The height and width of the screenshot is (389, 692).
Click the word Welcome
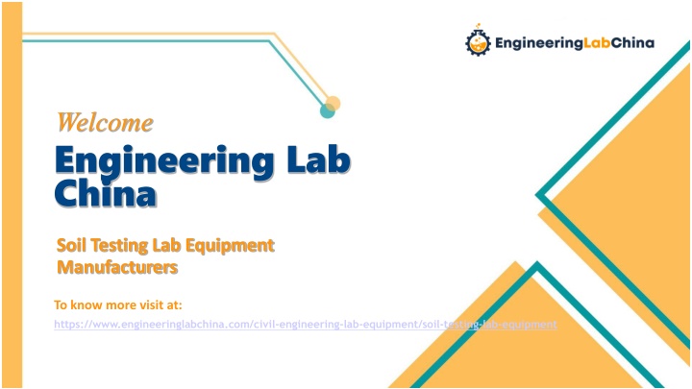(x=105, y=122)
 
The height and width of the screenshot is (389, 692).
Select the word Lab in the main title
(x=319, y=158)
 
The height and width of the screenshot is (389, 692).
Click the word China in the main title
(x=106, y=193)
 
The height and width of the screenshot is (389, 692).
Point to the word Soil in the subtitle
(x=71, y=245)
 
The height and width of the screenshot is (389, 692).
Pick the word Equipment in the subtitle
(x=230, y=246)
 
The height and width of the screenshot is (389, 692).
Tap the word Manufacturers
(x=117, y=267)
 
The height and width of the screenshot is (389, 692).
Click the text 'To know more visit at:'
(x=118, y=304)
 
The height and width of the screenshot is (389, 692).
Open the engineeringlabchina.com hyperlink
(x=306, y=325)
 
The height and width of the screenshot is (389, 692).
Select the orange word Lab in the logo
(x=597, y=43)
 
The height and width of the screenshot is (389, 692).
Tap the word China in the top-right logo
(x=632, y=43)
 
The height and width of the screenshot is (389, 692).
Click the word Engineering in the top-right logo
(x=539, y=43)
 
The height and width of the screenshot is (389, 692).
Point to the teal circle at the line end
(x=327, y=110)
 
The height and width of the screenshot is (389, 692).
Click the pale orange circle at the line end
(x=334, y=104)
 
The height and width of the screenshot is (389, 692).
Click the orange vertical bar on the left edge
(x=12, y=194)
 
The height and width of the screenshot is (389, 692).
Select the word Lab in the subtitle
(x=167, y=245)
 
